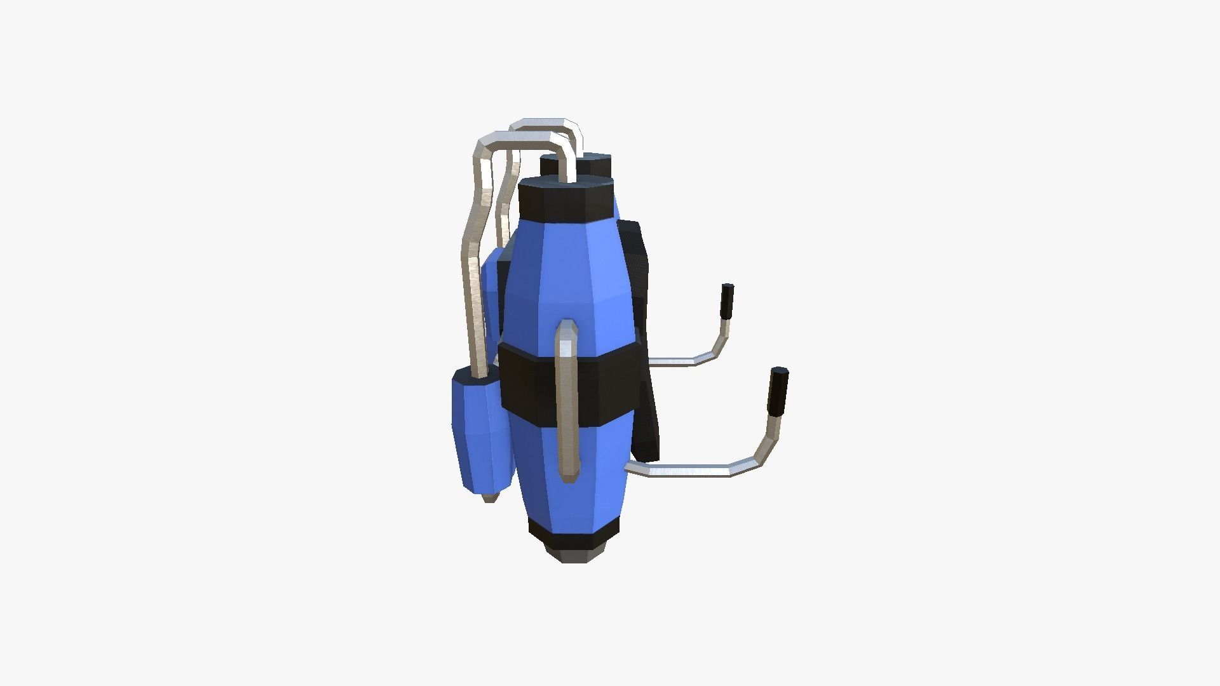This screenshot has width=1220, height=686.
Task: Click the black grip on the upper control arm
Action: point(727,301)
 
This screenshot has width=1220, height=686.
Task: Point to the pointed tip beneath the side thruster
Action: point(489,497)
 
